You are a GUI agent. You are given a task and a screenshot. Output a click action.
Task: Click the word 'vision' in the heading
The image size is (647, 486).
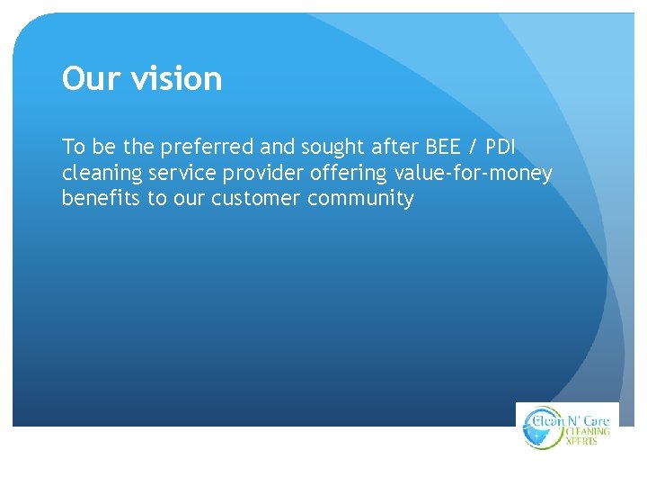point(176,79)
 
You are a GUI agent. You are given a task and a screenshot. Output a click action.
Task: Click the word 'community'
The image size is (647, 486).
point(360,198)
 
